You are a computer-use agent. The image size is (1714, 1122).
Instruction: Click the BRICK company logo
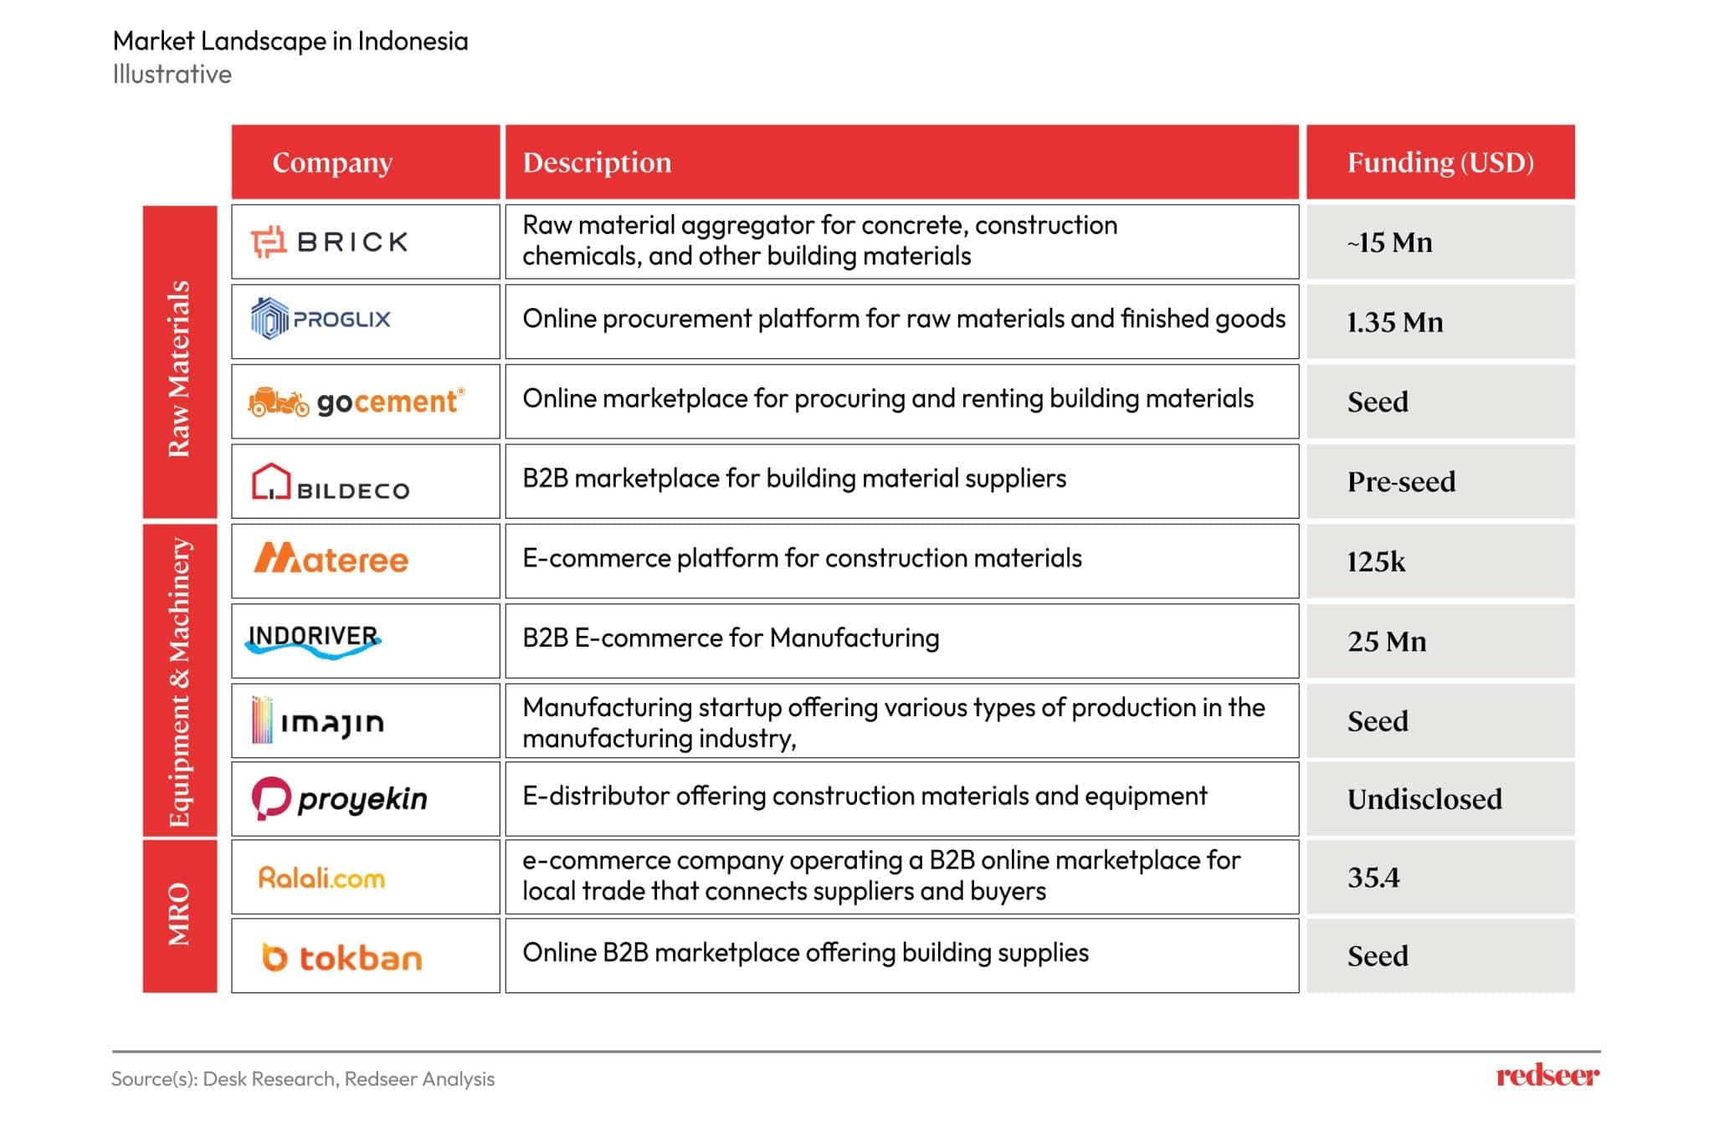(329, 242)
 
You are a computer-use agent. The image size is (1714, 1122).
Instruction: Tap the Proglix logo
(321, 319)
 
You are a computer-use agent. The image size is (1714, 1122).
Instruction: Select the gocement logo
(357, 402)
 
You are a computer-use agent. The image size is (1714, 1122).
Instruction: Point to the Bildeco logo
(331, 482)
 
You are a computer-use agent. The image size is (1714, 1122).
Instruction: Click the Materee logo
(331, 558)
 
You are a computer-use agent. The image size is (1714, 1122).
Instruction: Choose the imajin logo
(318, 720)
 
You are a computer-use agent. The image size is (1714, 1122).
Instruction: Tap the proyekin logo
(340, 799)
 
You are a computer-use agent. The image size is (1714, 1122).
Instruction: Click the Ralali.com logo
(321, 878)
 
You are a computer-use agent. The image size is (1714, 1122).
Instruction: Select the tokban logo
(341, 957)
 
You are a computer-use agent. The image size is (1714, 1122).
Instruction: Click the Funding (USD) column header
(1440, 162)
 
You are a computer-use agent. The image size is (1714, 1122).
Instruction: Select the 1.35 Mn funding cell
(1440, 322)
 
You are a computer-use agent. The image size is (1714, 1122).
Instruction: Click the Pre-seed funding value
(1401, 482)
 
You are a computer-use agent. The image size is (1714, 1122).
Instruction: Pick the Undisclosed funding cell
(1440, 799)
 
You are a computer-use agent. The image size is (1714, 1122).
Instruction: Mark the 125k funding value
(1376, 561)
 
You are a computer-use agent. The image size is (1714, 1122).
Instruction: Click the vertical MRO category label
(179, 915)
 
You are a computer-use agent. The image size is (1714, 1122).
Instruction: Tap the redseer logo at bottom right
(1547, 1075)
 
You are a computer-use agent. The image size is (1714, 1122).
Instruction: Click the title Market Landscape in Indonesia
(290, 41)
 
